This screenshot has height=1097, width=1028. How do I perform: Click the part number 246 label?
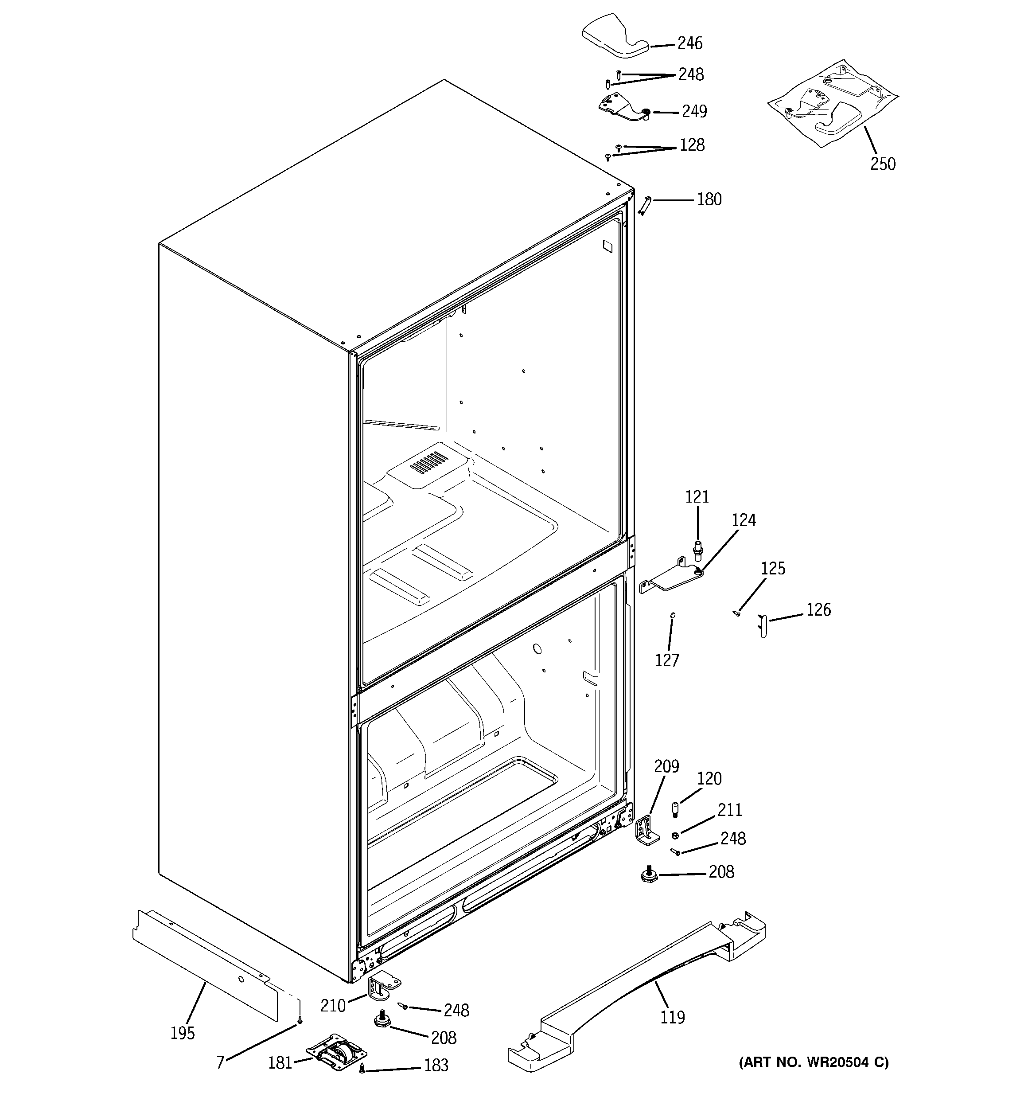690,43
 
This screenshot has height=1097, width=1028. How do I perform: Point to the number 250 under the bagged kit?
883,164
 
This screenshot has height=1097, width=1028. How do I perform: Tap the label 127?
666,660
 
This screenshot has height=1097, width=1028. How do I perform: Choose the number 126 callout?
818,610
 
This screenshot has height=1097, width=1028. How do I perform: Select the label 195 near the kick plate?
183,1033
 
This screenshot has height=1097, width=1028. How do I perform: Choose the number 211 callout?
729,810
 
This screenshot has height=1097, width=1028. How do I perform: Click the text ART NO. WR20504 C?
814,1062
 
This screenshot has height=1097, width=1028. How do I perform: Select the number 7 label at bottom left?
220,1062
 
